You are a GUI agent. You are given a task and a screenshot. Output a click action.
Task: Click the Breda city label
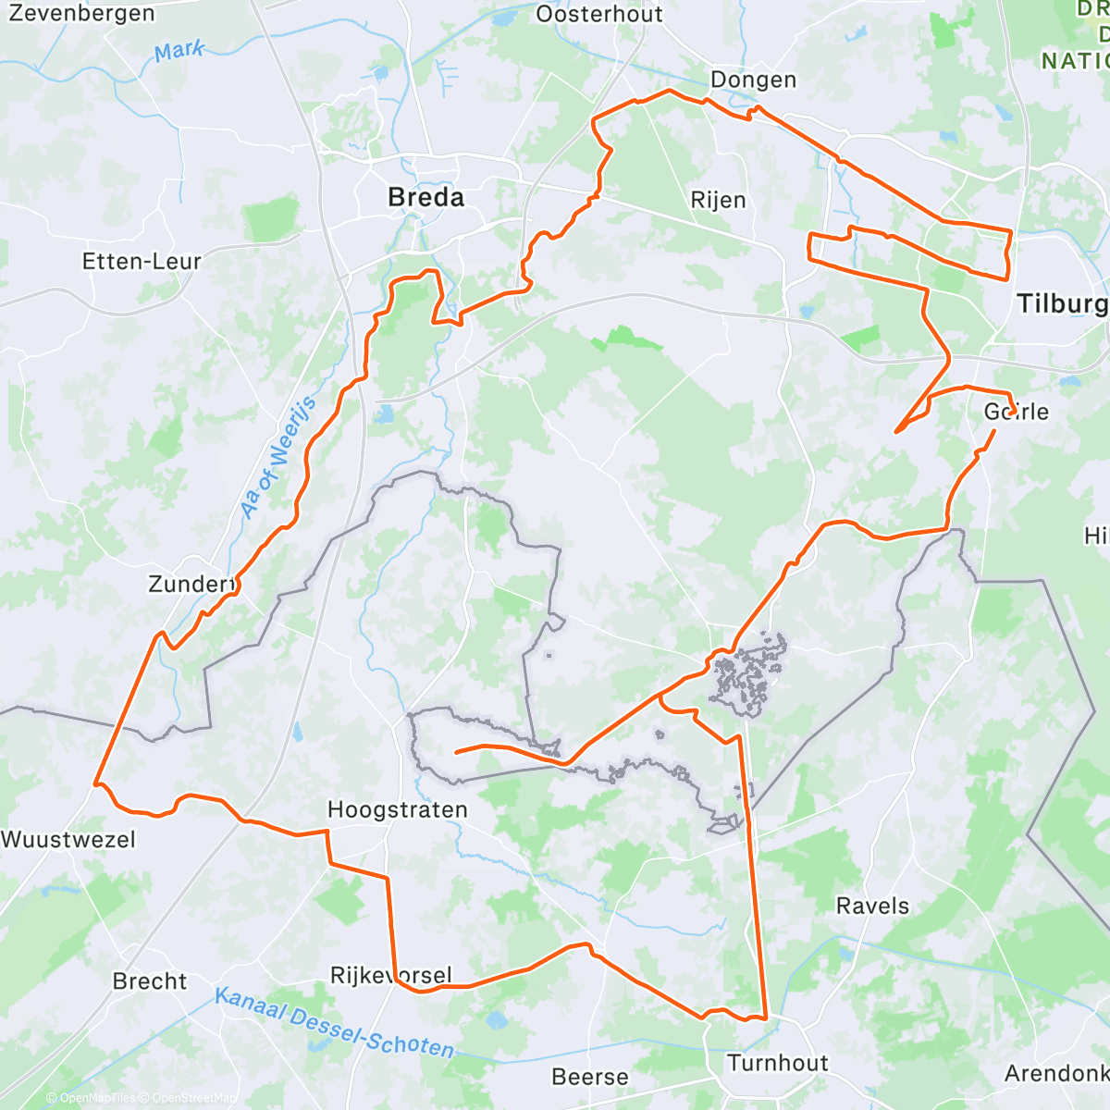(x=425, y=197)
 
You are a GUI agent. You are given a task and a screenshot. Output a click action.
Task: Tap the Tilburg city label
(x=1061, y=303)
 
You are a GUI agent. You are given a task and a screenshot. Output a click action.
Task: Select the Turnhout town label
(x=777, y=1063)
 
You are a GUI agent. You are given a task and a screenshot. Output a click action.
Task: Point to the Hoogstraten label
(x=398, y=809)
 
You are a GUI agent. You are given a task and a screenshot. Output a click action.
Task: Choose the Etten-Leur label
(x=142, y=262)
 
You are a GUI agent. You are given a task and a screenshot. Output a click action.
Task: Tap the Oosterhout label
(x=599, y=14)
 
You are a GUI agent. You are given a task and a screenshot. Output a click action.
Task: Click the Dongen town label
(x=753, y=80)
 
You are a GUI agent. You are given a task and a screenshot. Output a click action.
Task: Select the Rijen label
(x=718, y=200)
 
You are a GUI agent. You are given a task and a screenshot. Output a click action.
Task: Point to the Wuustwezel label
(x=68, y=840)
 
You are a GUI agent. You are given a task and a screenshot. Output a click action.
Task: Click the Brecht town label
(x=150, y=981)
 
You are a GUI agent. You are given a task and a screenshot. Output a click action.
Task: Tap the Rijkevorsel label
(x=391, y=976)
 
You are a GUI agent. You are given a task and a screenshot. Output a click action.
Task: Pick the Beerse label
(x=590, y=1077)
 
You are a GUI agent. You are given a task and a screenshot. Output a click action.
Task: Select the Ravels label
(x=872, y=906)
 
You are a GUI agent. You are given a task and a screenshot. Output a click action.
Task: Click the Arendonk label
(x=1056, y=1073)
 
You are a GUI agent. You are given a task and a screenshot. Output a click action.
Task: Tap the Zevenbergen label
(x=81, y=14)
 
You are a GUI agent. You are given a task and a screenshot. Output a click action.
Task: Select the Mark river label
(x=179, y=50)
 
